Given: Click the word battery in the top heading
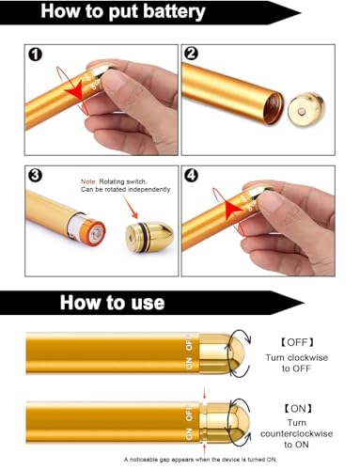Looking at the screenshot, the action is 174,12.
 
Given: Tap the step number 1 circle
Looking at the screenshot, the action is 35,55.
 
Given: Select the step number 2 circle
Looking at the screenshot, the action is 191,54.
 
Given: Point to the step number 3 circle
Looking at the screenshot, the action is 35,175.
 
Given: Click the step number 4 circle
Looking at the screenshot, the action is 191,175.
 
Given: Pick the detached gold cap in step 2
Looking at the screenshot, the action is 305,108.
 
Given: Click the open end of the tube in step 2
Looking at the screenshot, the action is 273,108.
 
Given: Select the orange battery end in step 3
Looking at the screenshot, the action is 95,233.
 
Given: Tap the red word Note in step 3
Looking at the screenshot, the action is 88,181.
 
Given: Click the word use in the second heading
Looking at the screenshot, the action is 148,303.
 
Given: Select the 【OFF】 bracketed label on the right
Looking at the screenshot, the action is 297,342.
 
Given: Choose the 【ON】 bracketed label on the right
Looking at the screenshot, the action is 298,408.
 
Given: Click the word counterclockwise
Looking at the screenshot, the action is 296,433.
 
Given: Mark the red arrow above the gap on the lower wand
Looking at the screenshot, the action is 204,393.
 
